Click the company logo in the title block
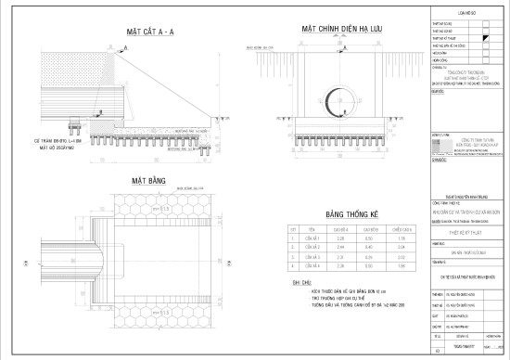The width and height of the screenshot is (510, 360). (x=442, y=139)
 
